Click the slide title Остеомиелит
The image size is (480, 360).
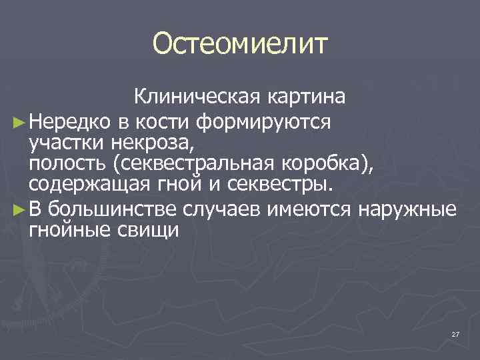click(240, 45)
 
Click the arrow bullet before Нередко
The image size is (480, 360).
click(19, 122)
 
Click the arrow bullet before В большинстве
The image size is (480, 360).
click(19, 211)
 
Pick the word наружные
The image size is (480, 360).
click(407, 211)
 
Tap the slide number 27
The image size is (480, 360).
click(455, 334)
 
